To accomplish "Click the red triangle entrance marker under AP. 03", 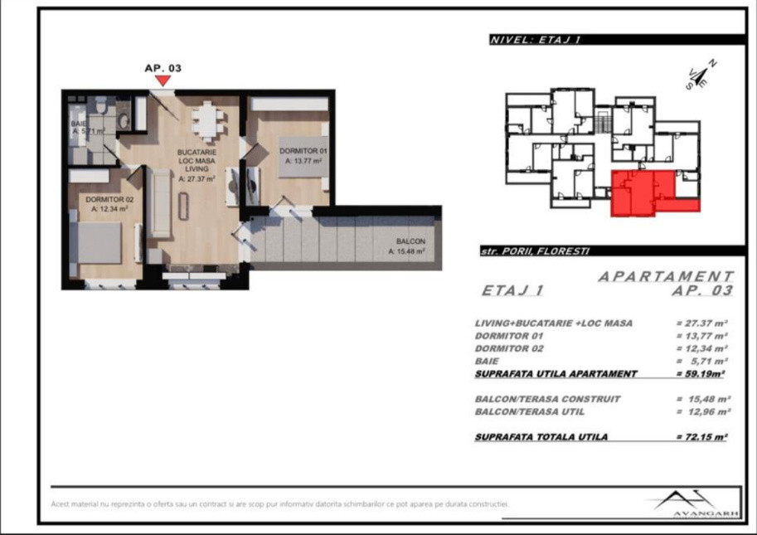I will pyautogui.click(x=163, y=80).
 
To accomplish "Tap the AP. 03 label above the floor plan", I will pyautogui.click(x=163, y=68).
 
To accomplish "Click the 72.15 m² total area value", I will pyautogui.click(x=701, y=437).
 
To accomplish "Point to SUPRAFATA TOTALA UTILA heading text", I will pyautogui.click(x=541, y=437).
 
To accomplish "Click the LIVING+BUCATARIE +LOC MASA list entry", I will pyautogui.click(x=554, y=323).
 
